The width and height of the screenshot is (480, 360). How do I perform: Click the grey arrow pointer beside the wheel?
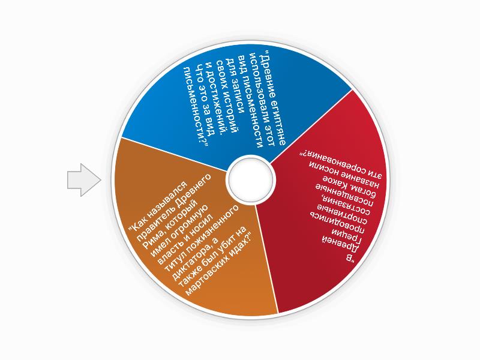(x=83, y=180)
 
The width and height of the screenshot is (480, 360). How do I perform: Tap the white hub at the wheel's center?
(x=250, y=179)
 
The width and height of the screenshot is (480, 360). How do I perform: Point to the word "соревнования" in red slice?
(x=346, y=156)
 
